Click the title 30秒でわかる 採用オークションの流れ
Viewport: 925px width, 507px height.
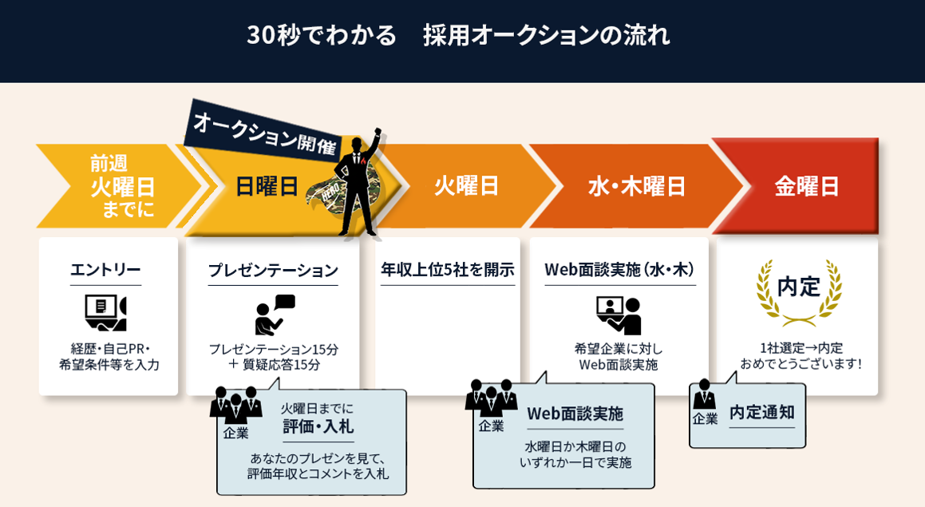click(458, 35)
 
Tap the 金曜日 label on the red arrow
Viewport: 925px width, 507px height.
click(807, 186)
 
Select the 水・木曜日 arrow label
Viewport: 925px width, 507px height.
click(637, 186)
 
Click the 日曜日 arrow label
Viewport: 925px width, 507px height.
click(267, 186)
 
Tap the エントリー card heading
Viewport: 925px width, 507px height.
click(105, 270)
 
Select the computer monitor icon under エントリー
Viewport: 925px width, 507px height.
click(105, 312)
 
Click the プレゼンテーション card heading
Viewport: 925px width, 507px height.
click(273, 270)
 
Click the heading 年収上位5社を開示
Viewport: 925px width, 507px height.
click(447, 270)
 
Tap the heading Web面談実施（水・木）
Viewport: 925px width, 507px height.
click(619, 270)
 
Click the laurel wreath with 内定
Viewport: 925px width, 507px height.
click(799, 291)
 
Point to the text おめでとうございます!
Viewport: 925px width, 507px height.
click(800, 364)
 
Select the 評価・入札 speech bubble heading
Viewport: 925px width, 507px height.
click(318, 426)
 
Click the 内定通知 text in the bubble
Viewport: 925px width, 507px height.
click(761, 412)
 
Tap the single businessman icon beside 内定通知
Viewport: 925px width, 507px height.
click(704, 395)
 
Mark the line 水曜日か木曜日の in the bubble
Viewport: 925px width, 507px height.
click(575, 446)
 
